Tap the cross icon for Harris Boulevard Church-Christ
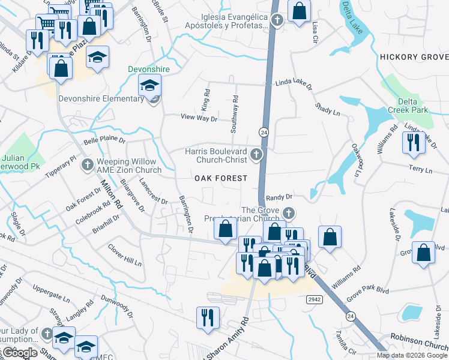(x=256, y=155)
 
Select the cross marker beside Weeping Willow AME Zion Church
(x=87, y=164)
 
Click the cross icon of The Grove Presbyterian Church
(x=289, y=213)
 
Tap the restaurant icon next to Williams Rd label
(x=412, y=142)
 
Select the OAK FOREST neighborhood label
(x=220, y=178)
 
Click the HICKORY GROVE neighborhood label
(x=414, y=57)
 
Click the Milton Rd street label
(x=112, y=194)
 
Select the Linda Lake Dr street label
(x=294, y=85)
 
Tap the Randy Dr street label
(x=279, y=197)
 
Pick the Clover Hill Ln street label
(x=124, y=254)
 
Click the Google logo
(x=20, y=353)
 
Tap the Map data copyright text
(x=412, y=355)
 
